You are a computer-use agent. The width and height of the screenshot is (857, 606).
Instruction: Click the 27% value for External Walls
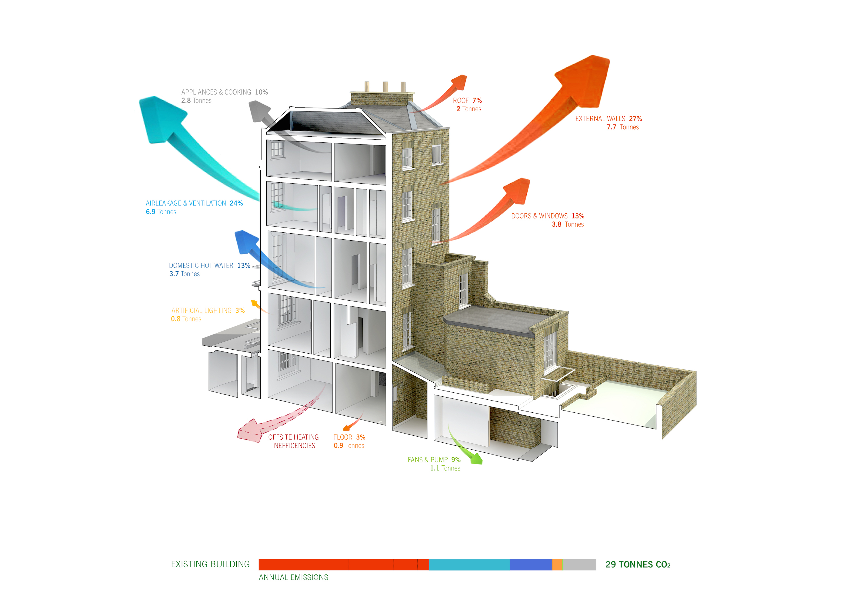tap(635, 119)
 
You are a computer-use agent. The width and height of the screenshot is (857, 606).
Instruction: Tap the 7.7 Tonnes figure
tap(622, 127)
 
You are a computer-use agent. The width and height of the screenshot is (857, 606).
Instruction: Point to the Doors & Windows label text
tap(539, 216)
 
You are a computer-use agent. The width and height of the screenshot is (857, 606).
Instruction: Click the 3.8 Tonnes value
tap(567, 225)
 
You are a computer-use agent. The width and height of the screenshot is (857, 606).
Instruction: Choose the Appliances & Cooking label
tap(216, 92)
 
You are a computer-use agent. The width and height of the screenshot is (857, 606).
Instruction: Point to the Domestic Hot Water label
tap(201, 266)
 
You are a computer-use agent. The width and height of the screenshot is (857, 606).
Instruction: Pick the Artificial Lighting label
tap(202, 311)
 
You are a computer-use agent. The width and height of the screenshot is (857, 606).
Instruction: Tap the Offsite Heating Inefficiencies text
tap(293, 441)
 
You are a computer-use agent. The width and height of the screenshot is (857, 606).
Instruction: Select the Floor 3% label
tap(349, 437)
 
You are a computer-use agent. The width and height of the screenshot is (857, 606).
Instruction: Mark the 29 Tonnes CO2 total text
tap(638, 564)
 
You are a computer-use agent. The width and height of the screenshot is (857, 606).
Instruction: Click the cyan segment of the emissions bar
tap(469, 564)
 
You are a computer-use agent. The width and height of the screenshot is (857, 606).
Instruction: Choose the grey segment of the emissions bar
tap(579, 564)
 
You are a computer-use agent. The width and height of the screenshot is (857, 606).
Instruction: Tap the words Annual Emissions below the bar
tap(293, 578)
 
